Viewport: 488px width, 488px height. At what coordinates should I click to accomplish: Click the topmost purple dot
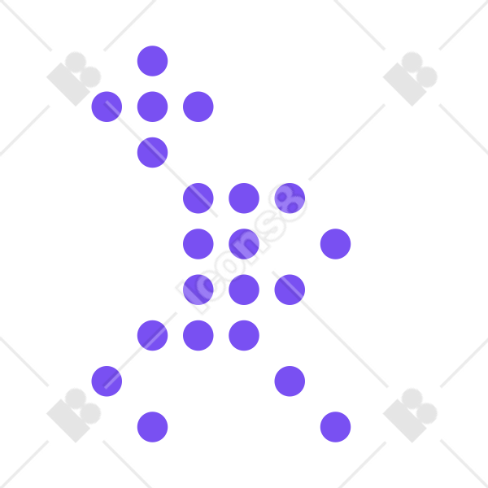[153, 61]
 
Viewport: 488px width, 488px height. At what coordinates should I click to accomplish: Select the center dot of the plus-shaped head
[153, 107]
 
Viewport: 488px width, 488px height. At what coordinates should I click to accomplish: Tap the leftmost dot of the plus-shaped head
[107, 107]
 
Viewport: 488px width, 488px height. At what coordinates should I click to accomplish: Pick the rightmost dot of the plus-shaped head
[198, 107]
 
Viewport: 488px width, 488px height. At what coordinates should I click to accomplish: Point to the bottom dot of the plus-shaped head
[153, 153]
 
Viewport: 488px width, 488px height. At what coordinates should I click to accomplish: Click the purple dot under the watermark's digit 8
[290, 198]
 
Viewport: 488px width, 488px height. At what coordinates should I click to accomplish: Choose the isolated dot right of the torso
[335, 244]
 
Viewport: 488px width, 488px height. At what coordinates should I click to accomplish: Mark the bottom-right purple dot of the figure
[335, 427]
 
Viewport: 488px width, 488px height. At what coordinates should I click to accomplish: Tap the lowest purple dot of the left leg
[153, 427]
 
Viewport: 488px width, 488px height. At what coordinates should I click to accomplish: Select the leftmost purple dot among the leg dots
[107, 381]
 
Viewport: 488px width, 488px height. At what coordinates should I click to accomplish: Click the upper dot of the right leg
[290, 381]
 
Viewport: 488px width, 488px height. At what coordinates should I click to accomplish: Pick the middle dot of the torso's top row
[244, 198]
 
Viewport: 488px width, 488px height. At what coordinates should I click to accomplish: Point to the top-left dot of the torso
[198, 198]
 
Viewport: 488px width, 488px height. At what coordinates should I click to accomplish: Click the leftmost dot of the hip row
[153, 335]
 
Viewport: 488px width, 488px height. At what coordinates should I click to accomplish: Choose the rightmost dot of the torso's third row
[290, 290]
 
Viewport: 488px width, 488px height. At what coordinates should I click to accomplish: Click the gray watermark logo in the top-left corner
[74, 79]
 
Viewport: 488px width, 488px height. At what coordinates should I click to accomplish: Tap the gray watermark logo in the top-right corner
[410, 79]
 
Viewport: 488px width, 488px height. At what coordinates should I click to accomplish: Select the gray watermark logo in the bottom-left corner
[74, 415]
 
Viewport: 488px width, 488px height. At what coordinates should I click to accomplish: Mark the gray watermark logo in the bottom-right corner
[410, 415]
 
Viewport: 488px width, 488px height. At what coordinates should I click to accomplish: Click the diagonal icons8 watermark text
[242, 249]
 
